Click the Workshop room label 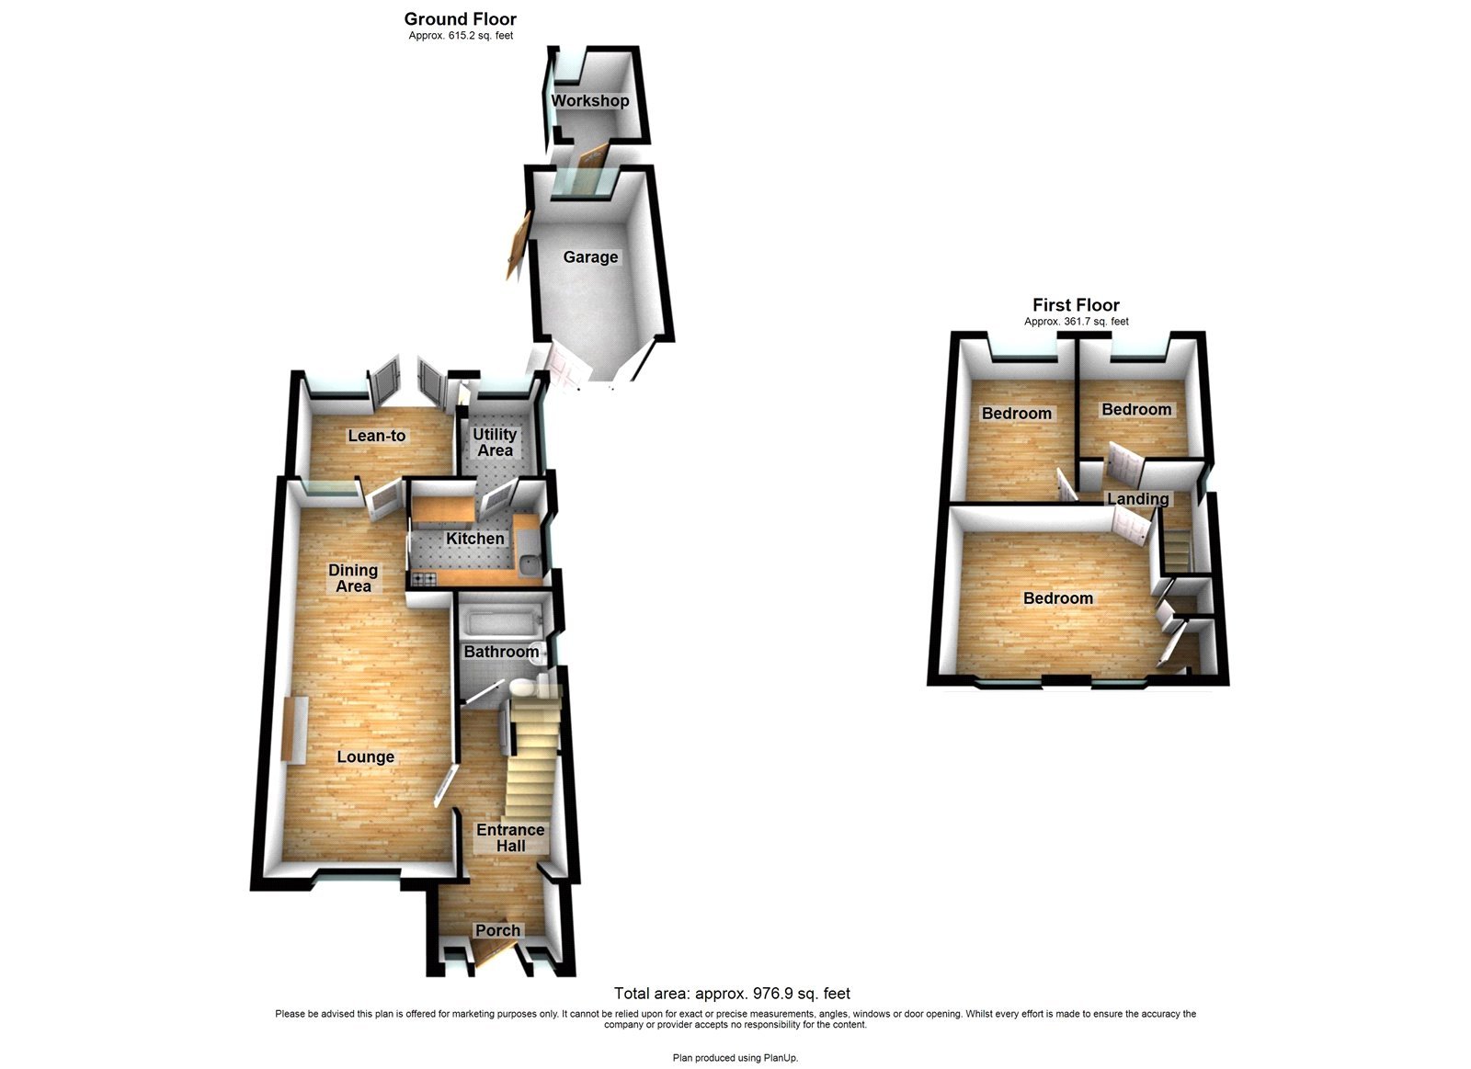(590, 101)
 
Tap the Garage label (590, 257)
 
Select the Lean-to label (377, 436)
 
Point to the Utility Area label (495, 442)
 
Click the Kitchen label (475, 539)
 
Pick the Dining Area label (353, 578)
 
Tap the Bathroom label (501, 652)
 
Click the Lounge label (365, 757)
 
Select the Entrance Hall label (510, 837)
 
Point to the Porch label (497, 930)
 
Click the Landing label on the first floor (1138, 499)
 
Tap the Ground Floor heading (461, 18)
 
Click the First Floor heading (1076, 305)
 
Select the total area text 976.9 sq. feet (732, 994)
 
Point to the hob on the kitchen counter (425, 579)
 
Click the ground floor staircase (532, 763)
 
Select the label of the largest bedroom (1058, 598)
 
